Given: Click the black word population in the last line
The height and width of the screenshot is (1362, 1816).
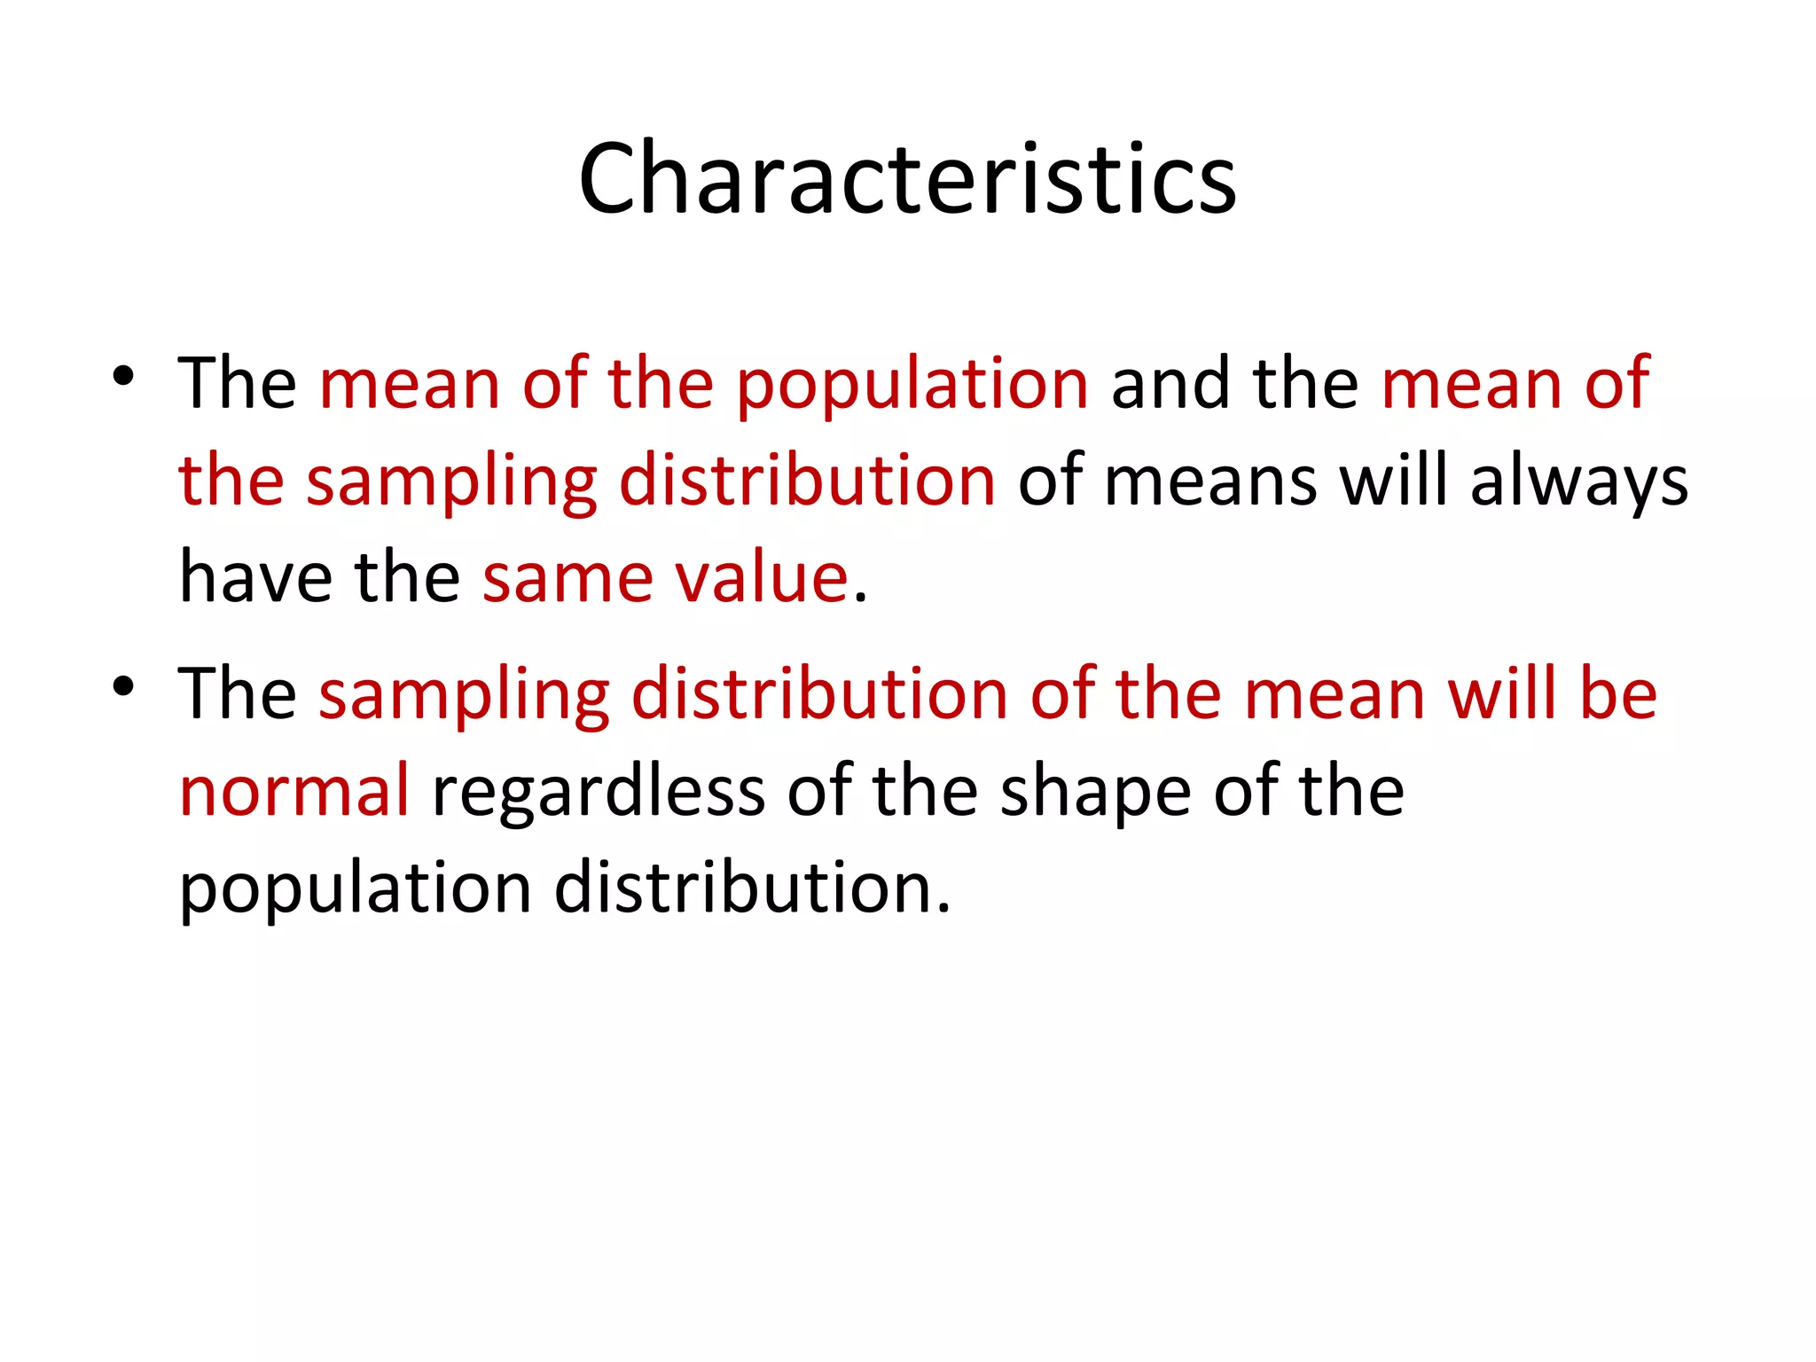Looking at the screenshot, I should [x=355, y=889].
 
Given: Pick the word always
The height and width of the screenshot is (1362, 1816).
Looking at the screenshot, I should [x=1578, y=483].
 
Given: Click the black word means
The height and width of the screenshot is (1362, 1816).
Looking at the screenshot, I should [x=1210, y=483].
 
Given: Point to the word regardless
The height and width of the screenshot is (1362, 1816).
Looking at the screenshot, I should [x=598, y=791].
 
